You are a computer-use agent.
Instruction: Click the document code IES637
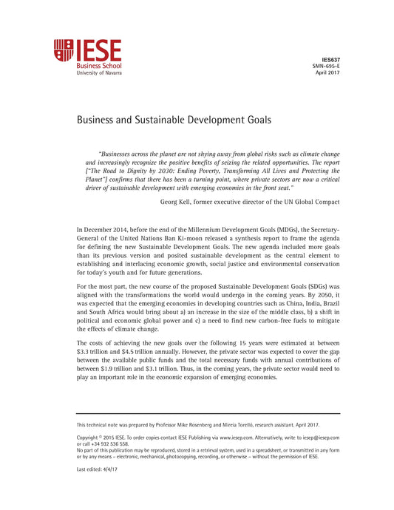[x=330, y=58]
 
